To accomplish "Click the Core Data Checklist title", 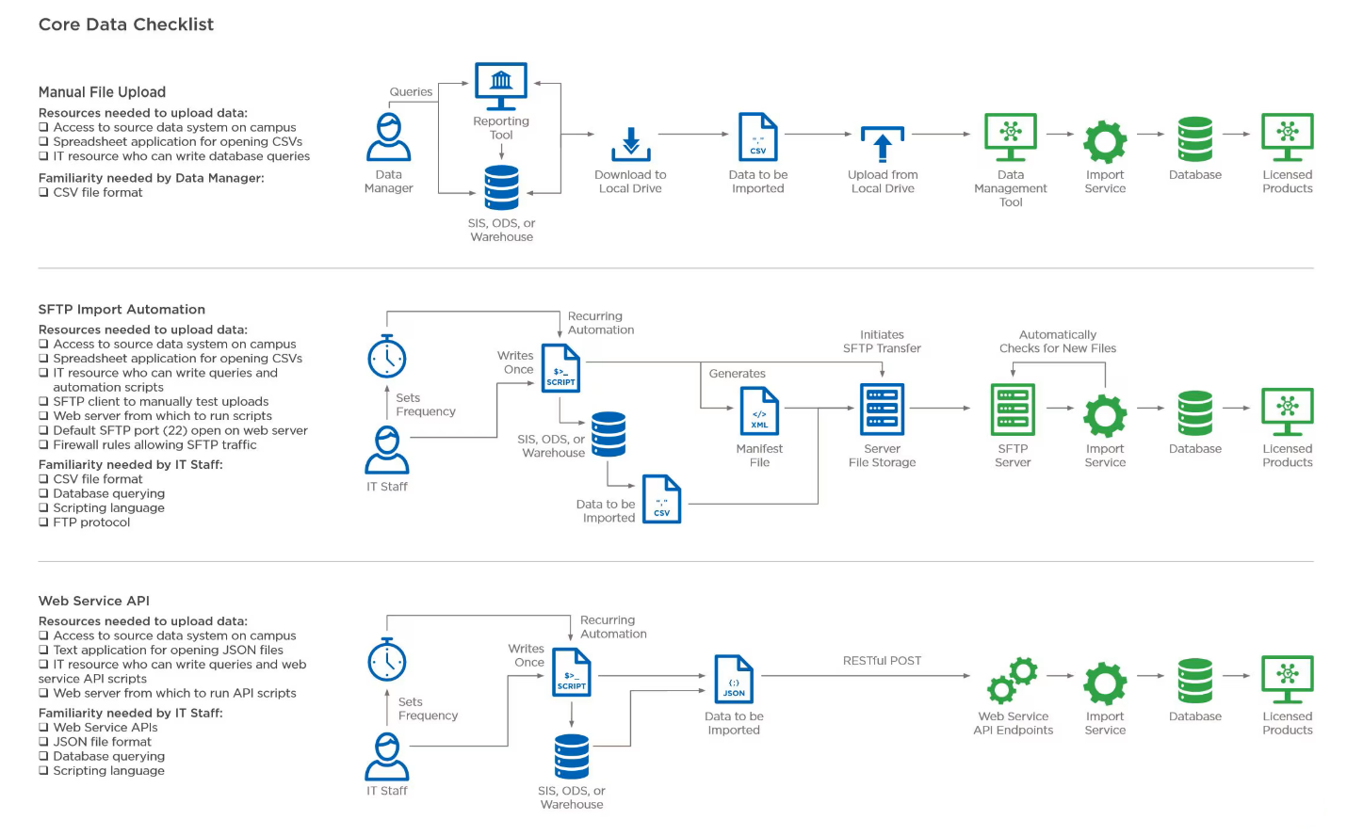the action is (125, 24).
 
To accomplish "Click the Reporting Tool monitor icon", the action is (501, 86).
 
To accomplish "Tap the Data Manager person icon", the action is (388, 137).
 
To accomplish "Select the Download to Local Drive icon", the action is (631, 144).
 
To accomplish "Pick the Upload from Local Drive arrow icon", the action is (883, 144).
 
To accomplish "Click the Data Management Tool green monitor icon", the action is (1011, 137).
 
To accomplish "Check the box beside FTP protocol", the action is (43, 522).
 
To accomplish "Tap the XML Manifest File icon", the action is (759, 411).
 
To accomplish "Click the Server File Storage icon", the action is (883, 410).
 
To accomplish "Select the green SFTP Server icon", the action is (1013, 410).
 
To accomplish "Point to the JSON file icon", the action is (734, 679).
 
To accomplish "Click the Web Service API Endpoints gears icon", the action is (1013, 681).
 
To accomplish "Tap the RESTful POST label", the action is (882, 661).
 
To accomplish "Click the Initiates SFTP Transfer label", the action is (882, 342).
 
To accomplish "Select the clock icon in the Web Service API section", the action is (386, 660).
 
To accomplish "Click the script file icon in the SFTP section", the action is (560, 368).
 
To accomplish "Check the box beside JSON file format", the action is (43, 742).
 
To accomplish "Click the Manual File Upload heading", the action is (103, 92).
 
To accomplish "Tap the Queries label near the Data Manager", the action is (411, 91).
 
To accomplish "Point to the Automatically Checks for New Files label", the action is (1058, 342).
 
